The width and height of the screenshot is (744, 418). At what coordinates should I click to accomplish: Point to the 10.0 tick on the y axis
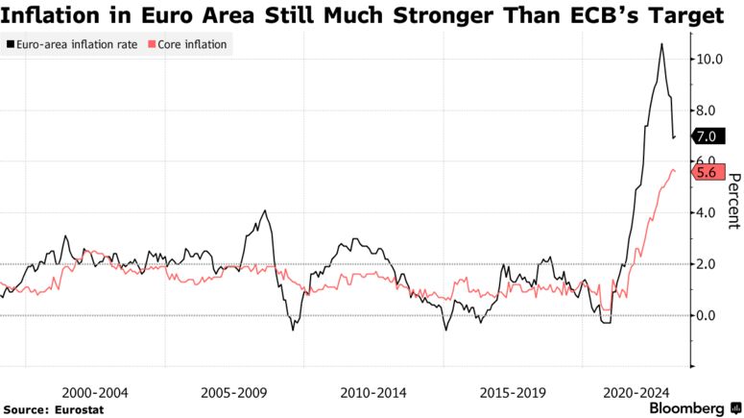(x=708, y=59)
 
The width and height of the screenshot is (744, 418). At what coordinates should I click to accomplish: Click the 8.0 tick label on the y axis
(x=708, y=111)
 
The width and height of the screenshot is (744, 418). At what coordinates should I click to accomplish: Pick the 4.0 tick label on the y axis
(x=708, y=212)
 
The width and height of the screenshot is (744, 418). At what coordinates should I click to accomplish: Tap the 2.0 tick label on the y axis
(x=708, y=264)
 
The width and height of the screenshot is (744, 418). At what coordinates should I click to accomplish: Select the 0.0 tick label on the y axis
(x=708, y=315)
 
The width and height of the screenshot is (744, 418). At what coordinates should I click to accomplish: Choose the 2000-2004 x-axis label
(x=94, y=393)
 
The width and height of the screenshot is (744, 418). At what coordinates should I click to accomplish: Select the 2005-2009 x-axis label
(x=233, y=393)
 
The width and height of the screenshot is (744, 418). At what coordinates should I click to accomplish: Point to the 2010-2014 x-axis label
(x=373, y=393)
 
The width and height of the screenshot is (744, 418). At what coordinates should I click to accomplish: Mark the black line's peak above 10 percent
(x=660, y=44)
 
